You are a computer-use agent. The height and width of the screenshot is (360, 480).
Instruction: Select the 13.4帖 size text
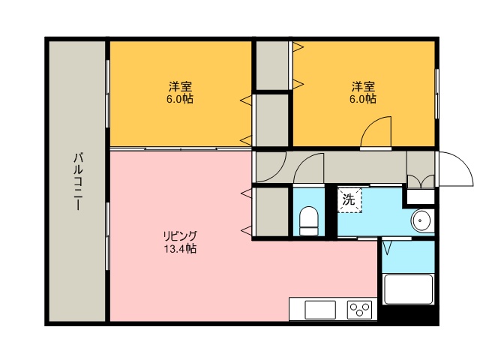[180, 248]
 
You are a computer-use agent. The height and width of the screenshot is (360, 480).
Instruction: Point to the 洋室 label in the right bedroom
[362, 85]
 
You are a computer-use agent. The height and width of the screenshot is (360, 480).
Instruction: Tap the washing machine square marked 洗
[349, 200]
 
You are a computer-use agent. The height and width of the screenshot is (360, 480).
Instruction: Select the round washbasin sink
[421, 221]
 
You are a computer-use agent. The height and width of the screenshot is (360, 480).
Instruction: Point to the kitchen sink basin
[319, 309]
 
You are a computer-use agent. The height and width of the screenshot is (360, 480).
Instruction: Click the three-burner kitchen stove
[360, 309]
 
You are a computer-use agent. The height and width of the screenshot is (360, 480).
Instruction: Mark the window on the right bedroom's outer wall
[436, 93]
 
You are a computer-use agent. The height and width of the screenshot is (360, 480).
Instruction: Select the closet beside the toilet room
[271, 213]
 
